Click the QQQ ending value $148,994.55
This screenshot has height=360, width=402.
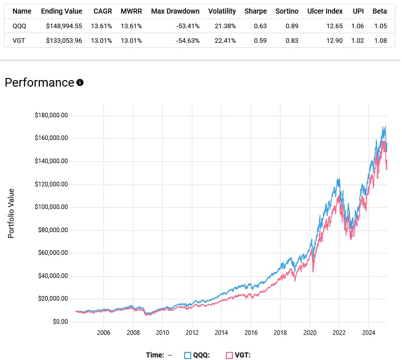61,26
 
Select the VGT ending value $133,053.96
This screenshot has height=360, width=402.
61,40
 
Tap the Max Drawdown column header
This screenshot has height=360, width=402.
175,11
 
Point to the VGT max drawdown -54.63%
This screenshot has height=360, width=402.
187,40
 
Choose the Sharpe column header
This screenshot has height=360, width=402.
256,11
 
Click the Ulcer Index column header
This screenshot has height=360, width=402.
325,11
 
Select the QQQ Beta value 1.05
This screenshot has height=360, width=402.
380,26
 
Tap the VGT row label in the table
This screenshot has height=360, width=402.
20,40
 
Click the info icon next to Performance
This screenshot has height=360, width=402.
79,83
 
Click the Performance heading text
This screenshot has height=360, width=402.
39,83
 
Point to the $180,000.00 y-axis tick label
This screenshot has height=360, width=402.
51,115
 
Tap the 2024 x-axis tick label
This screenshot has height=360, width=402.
369,333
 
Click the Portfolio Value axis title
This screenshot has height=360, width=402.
11,213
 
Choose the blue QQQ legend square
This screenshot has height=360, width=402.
188,355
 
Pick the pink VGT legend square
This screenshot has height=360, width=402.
229,355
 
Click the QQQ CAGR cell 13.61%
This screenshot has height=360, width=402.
103,26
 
